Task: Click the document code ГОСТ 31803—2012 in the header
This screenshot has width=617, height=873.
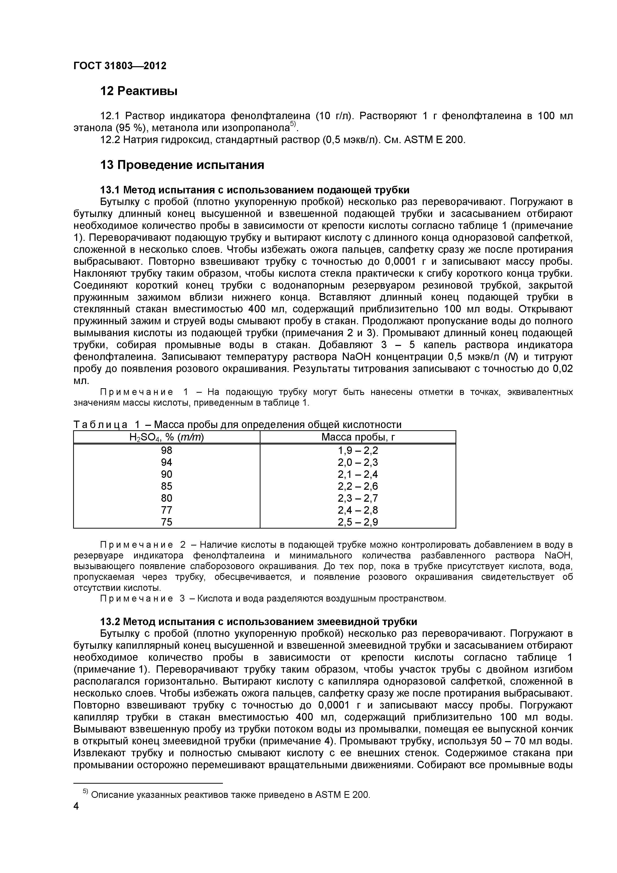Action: point(120,66)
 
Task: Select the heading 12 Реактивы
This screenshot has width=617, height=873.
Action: point(139,91)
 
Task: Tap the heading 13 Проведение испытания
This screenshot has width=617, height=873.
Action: point(182,165)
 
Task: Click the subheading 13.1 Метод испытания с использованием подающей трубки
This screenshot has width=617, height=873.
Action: point(255,190)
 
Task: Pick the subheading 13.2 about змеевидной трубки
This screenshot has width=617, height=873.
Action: point(258,622)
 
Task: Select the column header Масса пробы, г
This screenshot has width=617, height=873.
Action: point(358,437)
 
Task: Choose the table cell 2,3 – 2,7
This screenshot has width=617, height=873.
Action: point(358,498)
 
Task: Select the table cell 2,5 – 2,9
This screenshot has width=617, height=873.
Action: point(358,522)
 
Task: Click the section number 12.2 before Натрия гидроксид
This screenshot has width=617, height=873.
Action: point(110,140)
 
